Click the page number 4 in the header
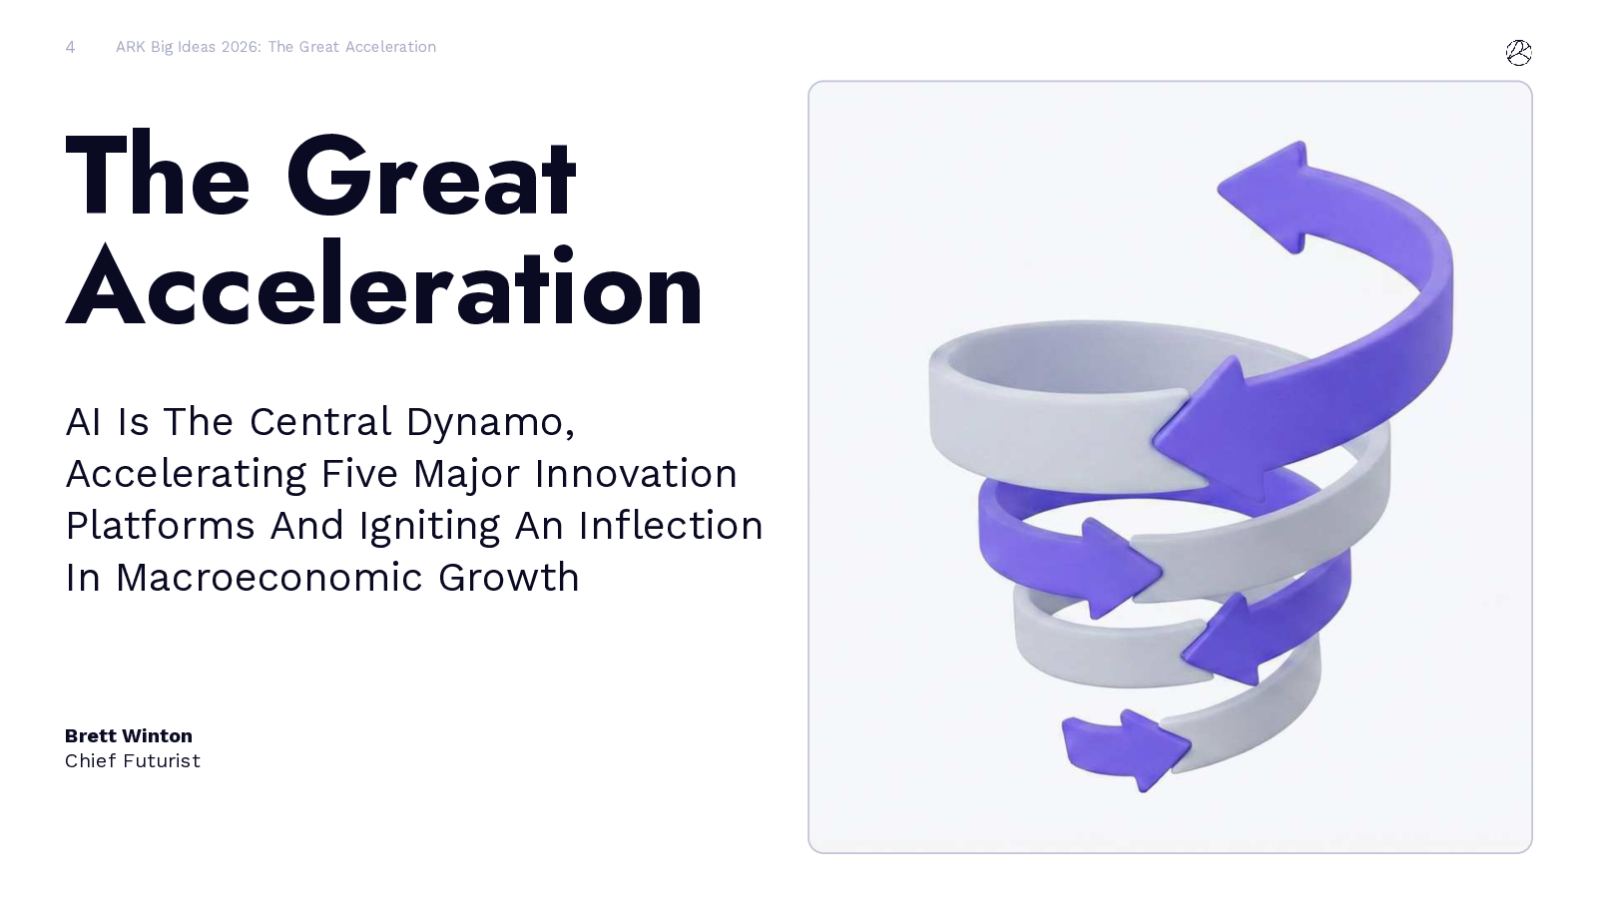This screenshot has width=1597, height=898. [70, 47]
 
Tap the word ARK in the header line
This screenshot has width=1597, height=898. [131, 47]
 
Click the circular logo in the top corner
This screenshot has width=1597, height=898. [1518, 53]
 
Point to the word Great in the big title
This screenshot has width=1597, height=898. [431, 175]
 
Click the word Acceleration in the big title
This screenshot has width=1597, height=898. [384, 285]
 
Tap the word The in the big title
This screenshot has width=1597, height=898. [158, 174]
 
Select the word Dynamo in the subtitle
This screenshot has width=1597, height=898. [490, 423]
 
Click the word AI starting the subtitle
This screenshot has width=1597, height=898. [83, 422]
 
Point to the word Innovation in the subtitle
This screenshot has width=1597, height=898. [636, 474]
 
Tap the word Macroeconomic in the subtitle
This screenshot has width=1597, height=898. [269, 578]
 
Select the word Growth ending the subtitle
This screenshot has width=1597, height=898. [508, 578]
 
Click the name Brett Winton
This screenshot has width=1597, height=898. [129, 735]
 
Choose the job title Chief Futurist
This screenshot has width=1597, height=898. [133, 761]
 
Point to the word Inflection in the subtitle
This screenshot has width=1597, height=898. [670, 525]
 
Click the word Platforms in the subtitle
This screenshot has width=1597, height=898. [160, 525]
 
